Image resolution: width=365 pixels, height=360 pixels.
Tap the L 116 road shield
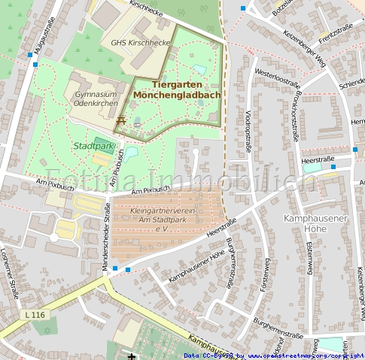pyautogui.click(x=34, y=313)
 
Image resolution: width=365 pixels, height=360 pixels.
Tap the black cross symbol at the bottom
pyautogui.click(x=132, y=355)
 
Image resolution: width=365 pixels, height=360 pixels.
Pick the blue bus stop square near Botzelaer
pyautogui.click(x=243, y=8)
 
